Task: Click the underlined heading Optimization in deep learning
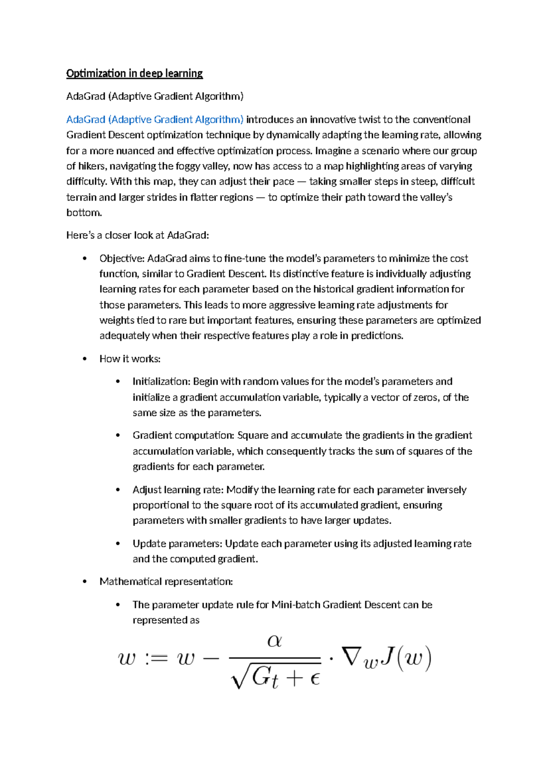(x=134, y=73)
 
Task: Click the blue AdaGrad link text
(x=155, y=120)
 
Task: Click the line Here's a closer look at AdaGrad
(x=137, y=235)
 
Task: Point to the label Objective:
(x=122, y=258)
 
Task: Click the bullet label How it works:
(x=130, y=359)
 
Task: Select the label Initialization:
(x=161, y=382)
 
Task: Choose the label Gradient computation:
(x=183, y=435)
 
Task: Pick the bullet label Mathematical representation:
(x=166, y=582)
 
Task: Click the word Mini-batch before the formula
(x=296, y=605)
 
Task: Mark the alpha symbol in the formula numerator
(x=274, y=641)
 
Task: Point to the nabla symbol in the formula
(x=351, y=657)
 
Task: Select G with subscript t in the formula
(x=264, y=677)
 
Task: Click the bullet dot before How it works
(x=85, y=359)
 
